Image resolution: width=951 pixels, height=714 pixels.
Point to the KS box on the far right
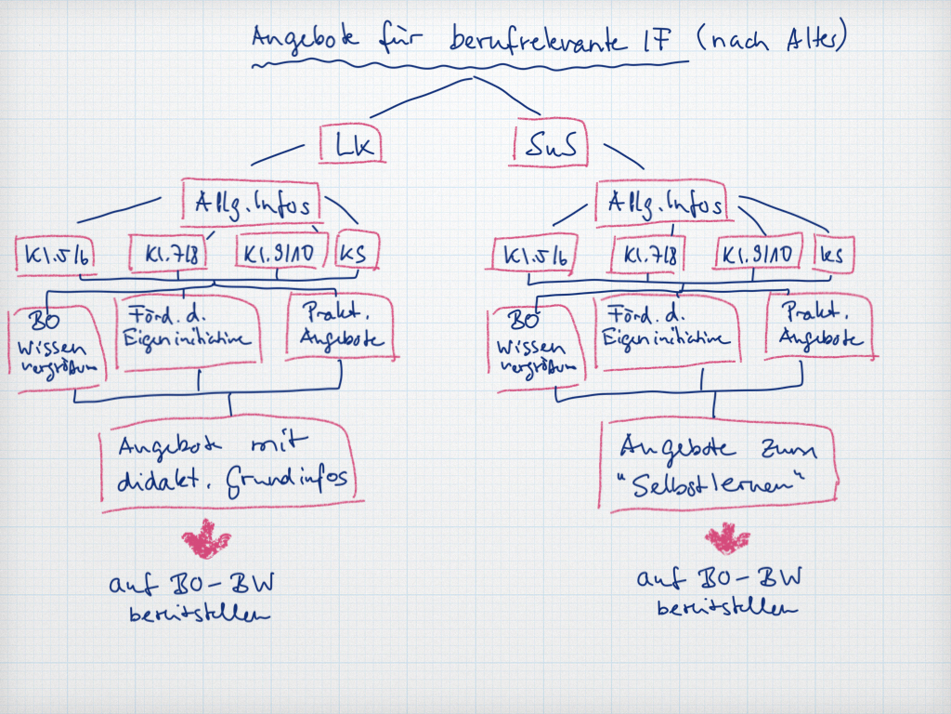click(x=833, y=254)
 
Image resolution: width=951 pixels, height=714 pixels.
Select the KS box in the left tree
click(x=353, y=251)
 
